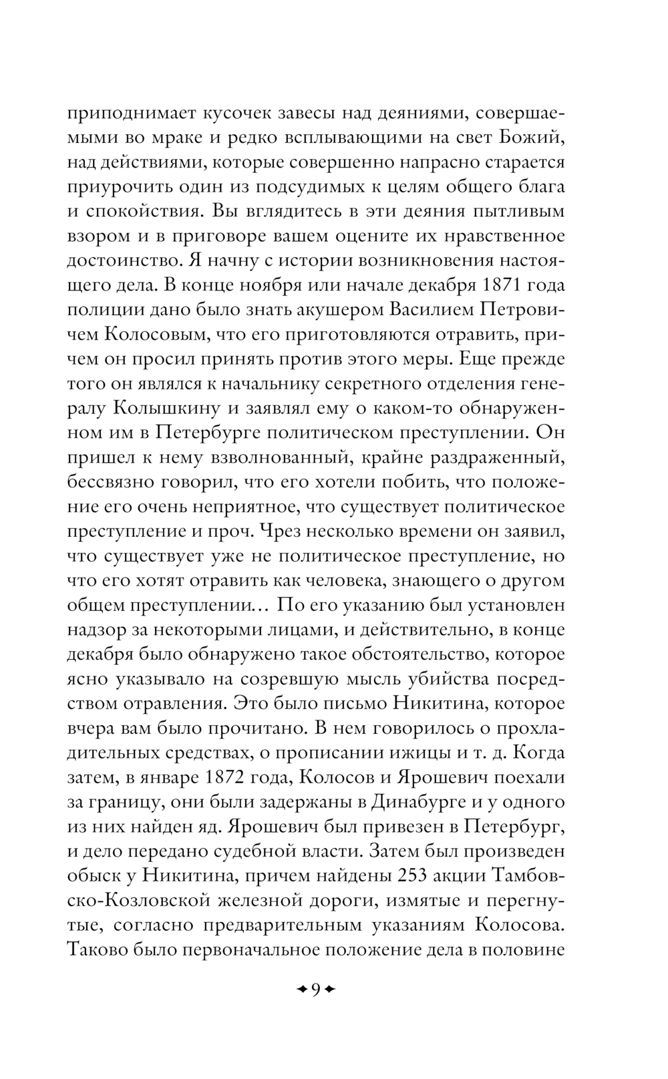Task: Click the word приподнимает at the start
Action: point(127,114)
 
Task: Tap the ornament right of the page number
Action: point(329,989)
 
